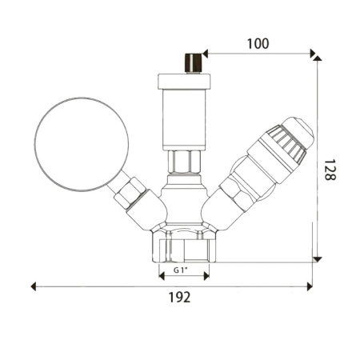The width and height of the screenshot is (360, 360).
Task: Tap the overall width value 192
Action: coord(181,298)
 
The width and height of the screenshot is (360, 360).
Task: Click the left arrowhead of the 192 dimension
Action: coord(34,286)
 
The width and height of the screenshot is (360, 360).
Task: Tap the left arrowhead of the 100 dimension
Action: coord(205,54)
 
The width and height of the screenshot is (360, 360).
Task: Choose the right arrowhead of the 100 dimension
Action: coord(313,54)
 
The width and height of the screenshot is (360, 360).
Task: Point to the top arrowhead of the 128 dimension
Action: coord(318,58)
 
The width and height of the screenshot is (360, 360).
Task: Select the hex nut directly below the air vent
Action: coord(183,165)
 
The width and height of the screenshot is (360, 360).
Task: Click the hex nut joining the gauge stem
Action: coord(130,194)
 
